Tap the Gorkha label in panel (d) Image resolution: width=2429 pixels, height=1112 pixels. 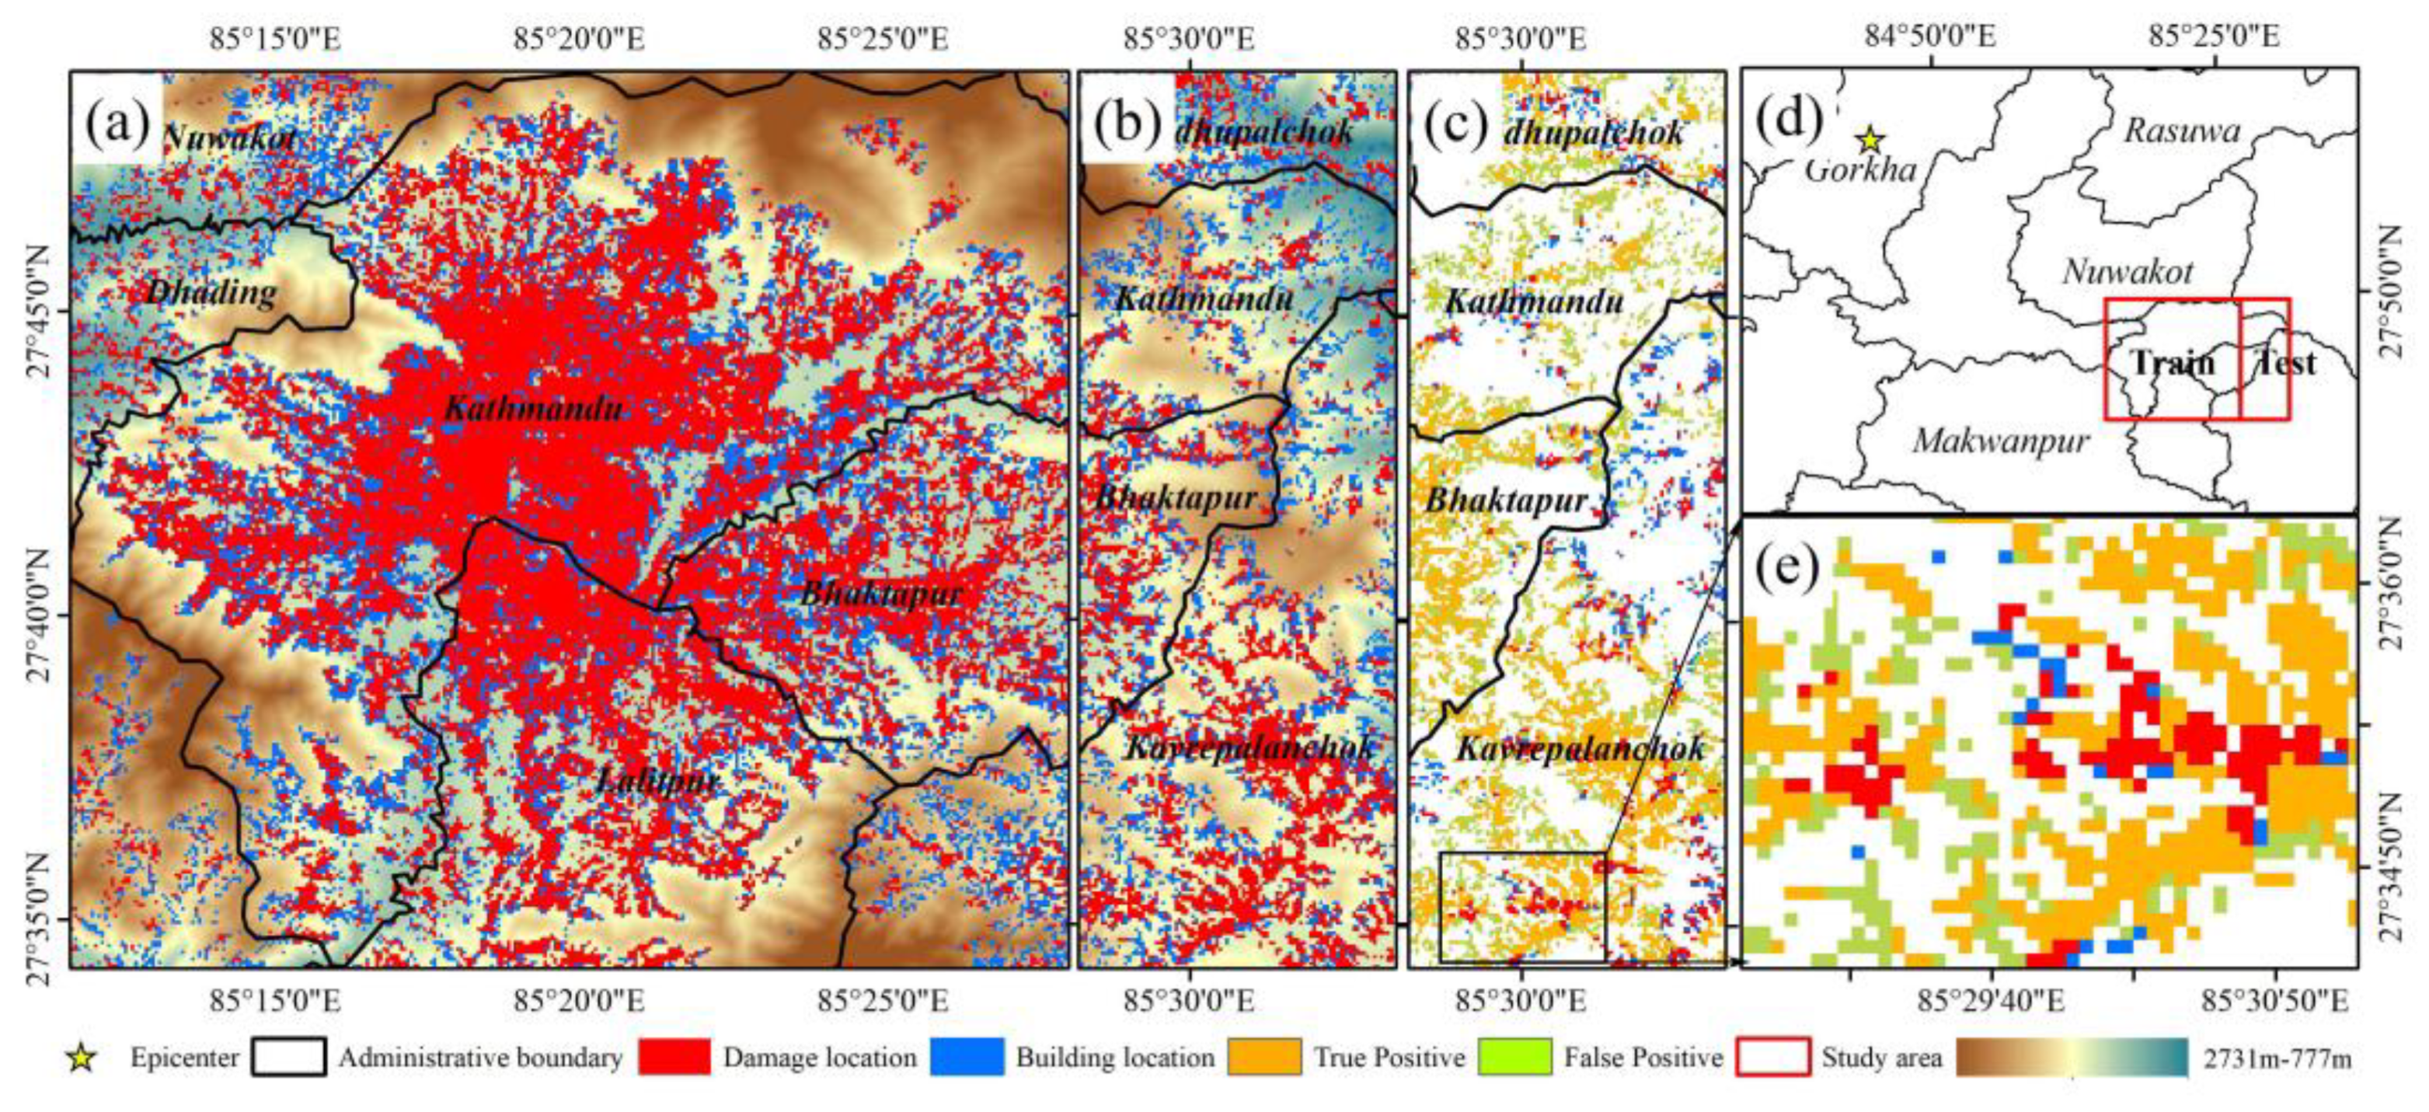pos(1859,171)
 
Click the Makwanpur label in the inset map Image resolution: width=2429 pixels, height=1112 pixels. pos(2000,441)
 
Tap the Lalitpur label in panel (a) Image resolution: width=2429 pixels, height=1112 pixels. pos(658,781)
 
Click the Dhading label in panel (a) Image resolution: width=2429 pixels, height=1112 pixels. pos(211,292)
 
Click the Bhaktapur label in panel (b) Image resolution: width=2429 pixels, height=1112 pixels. pos(1175,497)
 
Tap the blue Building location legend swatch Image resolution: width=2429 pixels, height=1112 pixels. pos(966,1058)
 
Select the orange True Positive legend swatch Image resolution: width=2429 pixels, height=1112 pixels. pos(1263,1058)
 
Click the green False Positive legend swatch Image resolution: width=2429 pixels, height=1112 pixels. pos(1514,1058)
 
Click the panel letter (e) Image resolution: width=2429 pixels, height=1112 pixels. pos(1786,568)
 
